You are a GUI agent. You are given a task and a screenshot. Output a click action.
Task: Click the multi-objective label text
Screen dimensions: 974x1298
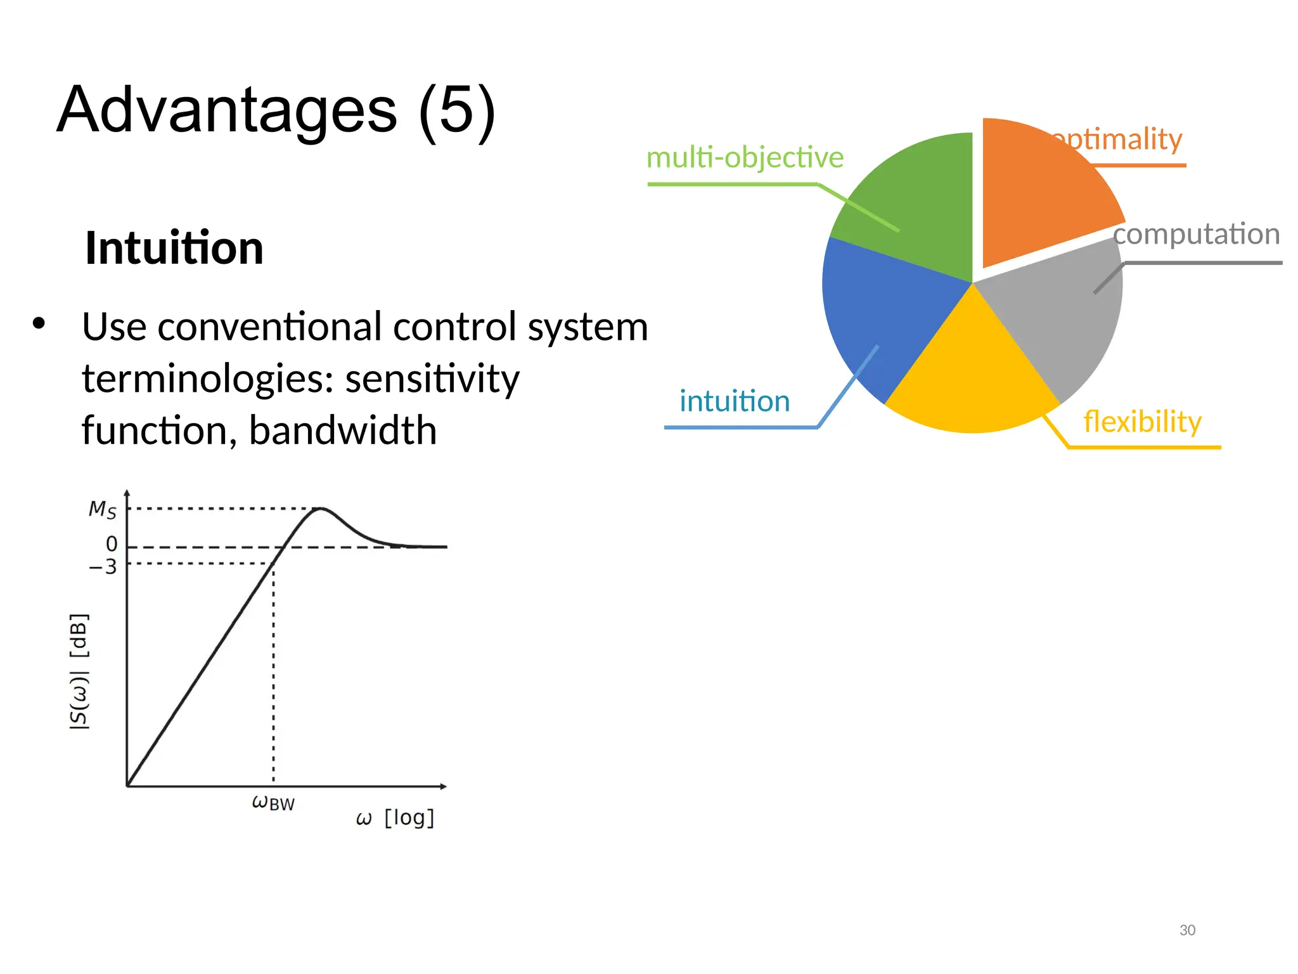[x=745, y=157]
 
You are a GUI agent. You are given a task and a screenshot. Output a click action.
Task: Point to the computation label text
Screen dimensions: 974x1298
[x=1197, y=234]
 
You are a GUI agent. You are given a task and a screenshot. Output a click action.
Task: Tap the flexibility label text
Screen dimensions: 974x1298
[x=1142, y=422]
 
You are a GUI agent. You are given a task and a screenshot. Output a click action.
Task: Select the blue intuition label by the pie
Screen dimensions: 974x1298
[x=735, y=401]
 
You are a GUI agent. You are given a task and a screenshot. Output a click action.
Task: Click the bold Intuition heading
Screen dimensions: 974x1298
[x=174, y=248]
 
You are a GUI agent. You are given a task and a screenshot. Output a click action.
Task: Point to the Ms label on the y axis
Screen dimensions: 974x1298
[x=103, y=509]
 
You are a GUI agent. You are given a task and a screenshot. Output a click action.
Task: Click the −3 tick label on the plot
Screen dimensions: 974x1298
[x=103, y=566]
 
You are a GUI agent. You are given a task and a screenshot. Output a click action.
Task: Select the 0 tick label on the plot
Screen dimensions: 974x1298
[x=112, y=544]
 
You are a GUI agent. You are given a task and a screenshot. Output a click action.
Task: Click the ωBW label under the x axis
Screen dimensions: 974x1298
[x=273, y=803]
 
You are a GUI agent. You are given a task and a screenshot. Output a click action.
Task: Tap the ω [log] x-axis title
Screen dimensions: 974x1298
[x=395, y=818]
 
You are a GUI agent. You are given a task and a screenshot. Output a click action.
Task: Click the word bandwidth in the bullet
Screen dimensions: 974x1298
[x=342, y=431]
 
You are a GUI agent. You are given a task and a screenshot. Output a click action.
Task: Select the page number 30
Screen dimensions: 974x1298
[x=1187, y=930]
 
